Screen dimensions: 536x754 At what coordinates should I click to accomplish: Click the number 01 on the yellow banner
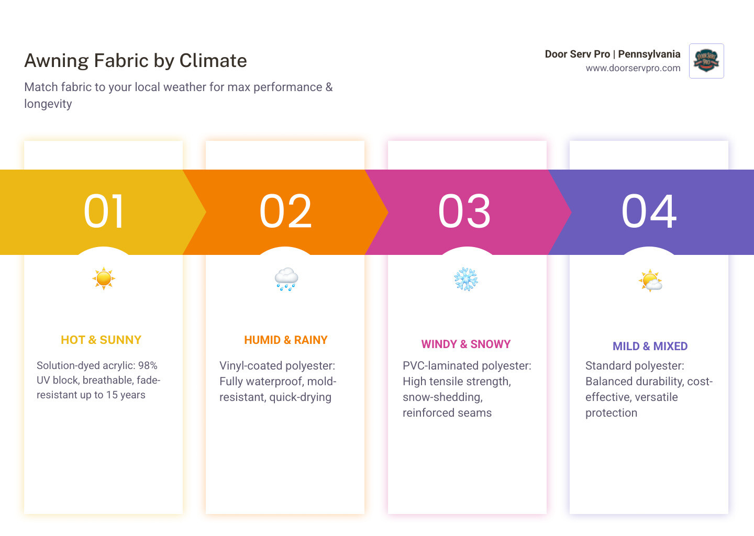(104, 211)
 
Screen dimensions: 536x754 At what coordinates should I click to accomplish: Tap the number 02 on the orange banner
(286, 211)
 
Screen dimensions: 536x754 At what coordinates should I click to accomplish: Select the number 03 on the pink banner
(465, 211)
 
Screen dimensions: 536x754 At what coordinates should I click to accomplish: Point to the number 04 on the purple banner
(649, 211)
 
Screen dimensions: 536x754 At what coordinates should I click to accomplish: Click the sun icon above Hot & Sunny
(104, 278)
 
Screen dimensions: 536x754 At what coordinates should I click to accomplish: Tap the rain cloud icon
(286, 280)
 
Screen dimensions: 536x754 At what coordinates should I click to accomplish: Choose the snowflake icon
(466, 280)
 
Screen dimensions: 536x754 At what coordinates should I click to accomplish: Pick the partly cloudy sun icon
(650, 281)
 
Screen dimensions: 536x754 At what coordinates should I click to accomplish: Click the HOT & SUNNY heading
(101, 340)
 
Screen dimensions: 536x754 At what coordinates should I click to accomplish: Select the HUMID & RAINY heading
(286, 340)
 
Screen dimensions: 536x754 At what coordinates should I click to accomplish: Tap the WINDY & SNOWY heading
(466, 344)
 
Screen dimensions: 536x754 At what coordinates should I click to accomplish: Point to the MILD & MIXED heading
(650, 347)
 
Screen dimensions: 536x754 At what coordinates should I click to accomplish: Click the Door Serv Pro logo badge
(706, 61)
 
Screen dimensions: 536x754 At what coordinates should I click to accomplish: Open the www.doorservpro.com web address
(633, 68)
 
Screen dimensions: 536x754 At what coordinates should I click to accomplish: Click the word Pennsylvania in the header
(649, 54)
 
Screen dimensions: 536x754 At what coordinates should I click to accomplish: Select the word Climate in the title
(213, 61)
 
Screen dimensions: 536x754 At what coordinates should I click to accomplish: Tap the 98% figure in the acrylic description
(148, 365)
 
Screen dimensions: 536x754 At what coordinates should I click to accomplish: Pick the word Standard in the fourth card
(607, 365)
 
